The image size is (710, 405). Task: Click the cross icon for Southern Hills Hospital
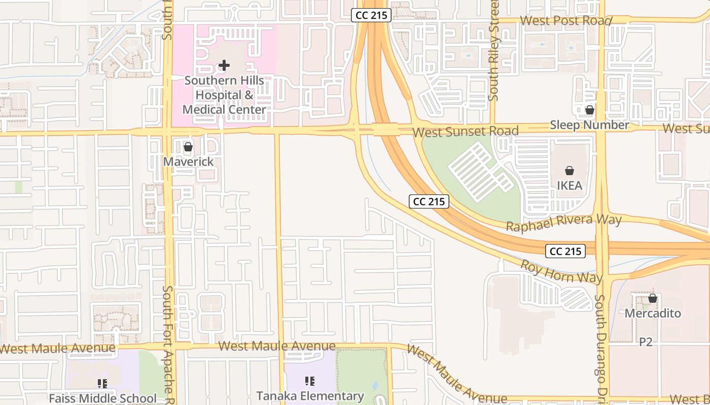click(224, 65)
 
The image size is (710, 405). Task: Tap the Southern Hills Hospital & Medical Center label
click(224, 95)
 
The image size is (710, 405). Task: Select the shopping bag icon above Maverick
click(188, 147)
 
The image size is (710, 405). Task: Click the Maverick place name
click(188, 161)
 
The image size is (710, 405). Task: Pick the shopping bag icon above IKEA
click(570, 171)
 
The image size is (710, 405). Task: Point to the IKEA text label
click(570, 186)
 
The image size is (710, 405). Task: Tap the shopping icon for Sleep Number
click(589, 110)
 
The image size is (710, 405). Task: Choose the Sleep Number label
click(589, 125)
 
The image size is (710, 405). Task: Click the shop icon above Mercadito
click(653, 299)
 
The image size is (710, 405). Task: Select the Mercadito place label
click(653, 313)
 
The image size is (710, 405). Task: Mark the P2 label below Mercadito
click(645, 342)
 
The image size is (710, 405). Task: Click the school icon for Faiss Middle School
click(102, 384)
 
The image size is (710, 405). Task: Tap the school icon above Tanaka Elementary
click(310, 381)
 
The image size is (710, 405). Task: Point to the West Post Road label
click(566, 21)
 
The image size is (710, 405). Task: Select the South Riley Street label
click(494, 51)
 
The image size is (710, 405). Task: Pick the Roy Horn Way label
click(561, 271)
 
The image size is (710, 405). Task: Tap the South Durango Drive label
click(600, 344)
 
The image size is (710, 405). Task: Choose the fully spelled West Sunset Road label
click(465, 132)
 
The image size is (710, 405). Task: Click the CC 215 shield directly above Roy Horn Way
click(566, 251)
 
